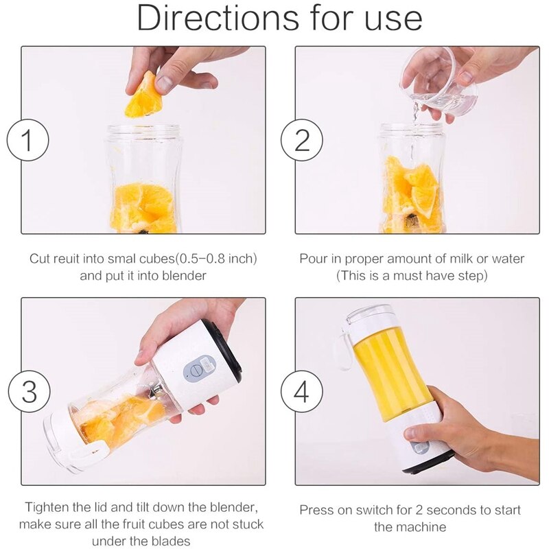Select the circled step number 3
pos(27,391)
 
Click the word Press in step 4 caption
pos(317,511)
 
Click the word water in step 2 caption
pos(506,259)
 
